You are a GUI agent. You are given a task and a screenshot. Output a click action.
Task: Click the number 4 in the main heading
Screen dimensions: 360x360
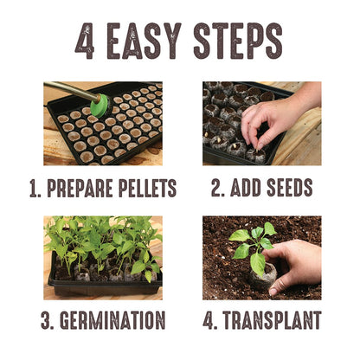85,41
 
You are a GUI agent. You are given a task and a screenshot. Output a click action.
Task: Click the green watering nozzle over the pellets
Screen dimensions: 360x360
100,106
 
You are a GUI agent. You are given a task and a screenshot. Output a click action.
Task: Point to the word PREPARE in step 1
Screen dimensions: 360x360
93,187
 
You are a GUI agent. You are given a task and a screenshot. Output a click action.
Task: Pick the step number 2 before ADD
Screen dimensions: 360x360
216,187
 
